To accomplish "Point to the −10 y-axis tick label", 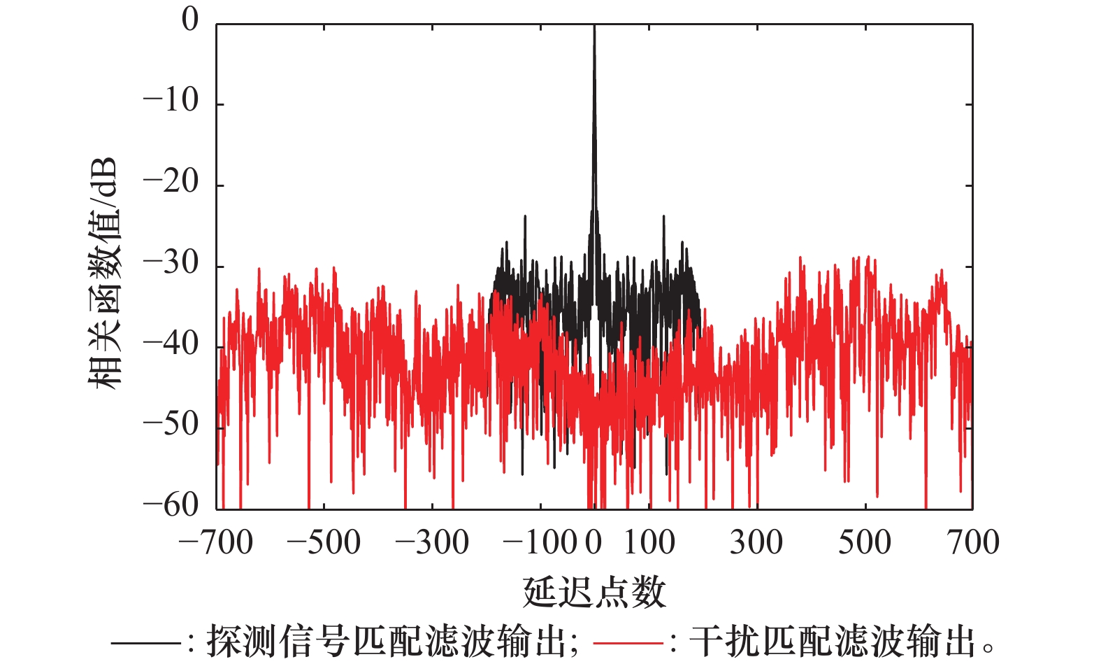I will (171, 101).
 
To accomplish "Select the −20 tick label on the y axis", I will (171, 183).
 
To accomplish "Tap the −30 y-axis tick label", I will (171, 264).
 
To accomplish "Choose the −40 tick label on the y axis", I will (171, 344).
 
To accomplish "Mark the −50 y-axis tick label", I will (171, 425).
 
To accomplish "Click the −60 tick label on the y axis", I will (171, 504).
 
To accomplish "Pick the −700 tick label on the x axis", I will (216, 542).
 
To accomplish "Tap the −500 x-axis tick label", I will (324, 542).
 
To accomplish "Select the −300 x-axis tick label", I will (432, 542).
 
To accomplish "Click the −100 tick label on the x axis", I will (540, 542).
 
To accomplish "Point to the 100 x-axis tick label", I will (649, 542).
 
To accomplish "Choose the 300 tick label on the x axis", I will (756, 542).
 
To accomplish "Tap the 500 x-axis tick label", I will (865, 542).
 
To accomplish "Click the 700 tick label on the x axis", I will (973, 542).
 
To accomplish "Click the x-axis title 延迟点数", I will (594, 592).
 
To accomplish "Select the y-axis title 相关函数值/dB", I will (104, 273).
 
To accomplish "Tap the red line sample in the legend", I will (627, 642).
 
